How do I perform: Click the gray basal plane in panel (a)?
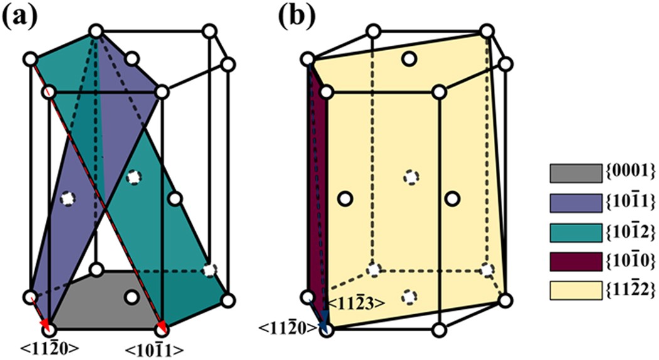tap(100, 310)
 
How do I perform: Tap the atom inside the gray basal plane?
tap(131, 296)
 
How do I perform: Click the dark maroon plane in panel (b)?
tap(316, 188)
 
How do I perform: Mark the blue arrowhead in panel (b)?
tap(323, 324)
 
